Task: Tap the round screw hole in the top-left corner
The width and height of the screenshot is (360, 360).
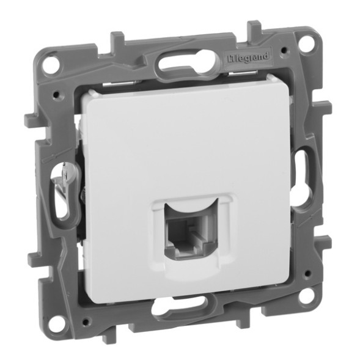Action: pos(54,63)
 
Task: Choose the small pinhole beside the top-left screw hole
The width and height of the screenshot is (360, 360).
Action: pos(57,95)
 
